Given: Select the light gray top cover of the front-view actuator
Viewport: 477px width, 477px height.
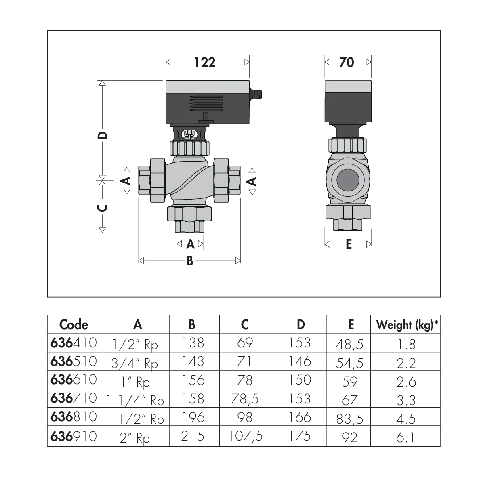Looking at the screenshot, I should pyautogui.click(x=208, y=86).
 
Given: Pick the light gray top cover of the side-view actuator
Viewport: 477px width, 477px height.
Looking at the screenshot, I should pyautogui.click(x=348, y=86).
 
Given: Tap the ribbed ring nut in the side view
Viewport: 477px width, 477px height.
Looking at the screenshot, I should pyautogui.click(x=348, y=145).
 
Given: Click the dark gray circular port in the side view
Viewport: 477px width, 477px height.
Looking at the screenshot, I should pyautogui.click(x=348, y=179).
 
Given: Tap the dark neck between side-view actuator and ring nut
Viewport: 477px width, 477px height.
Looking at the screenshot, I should pyautogui.click(x=348, y=130).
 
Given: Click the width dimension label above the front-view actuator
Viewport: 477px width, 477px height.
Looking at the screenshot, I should pyautogui.click(x=206, y=62).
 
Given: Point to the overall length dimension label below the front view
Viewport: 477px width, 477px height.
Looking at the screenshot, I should pyautogui.click(x=188, y=261).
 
